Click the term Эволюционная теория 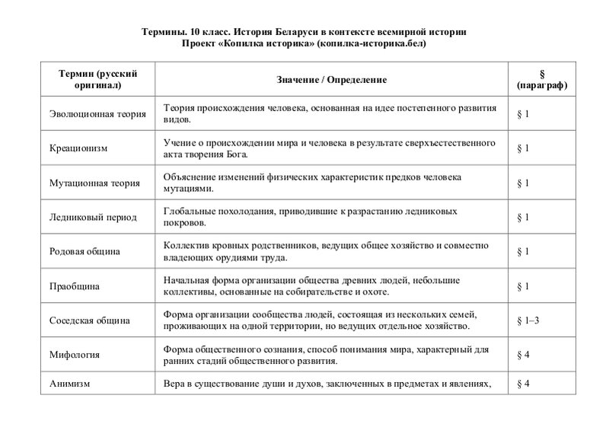92,114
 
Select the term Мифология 69,355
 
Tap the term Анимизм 68,384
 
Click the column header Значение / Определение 332,79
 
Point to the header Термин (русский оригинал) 96,79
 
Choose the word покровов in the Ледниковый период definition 183,223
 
